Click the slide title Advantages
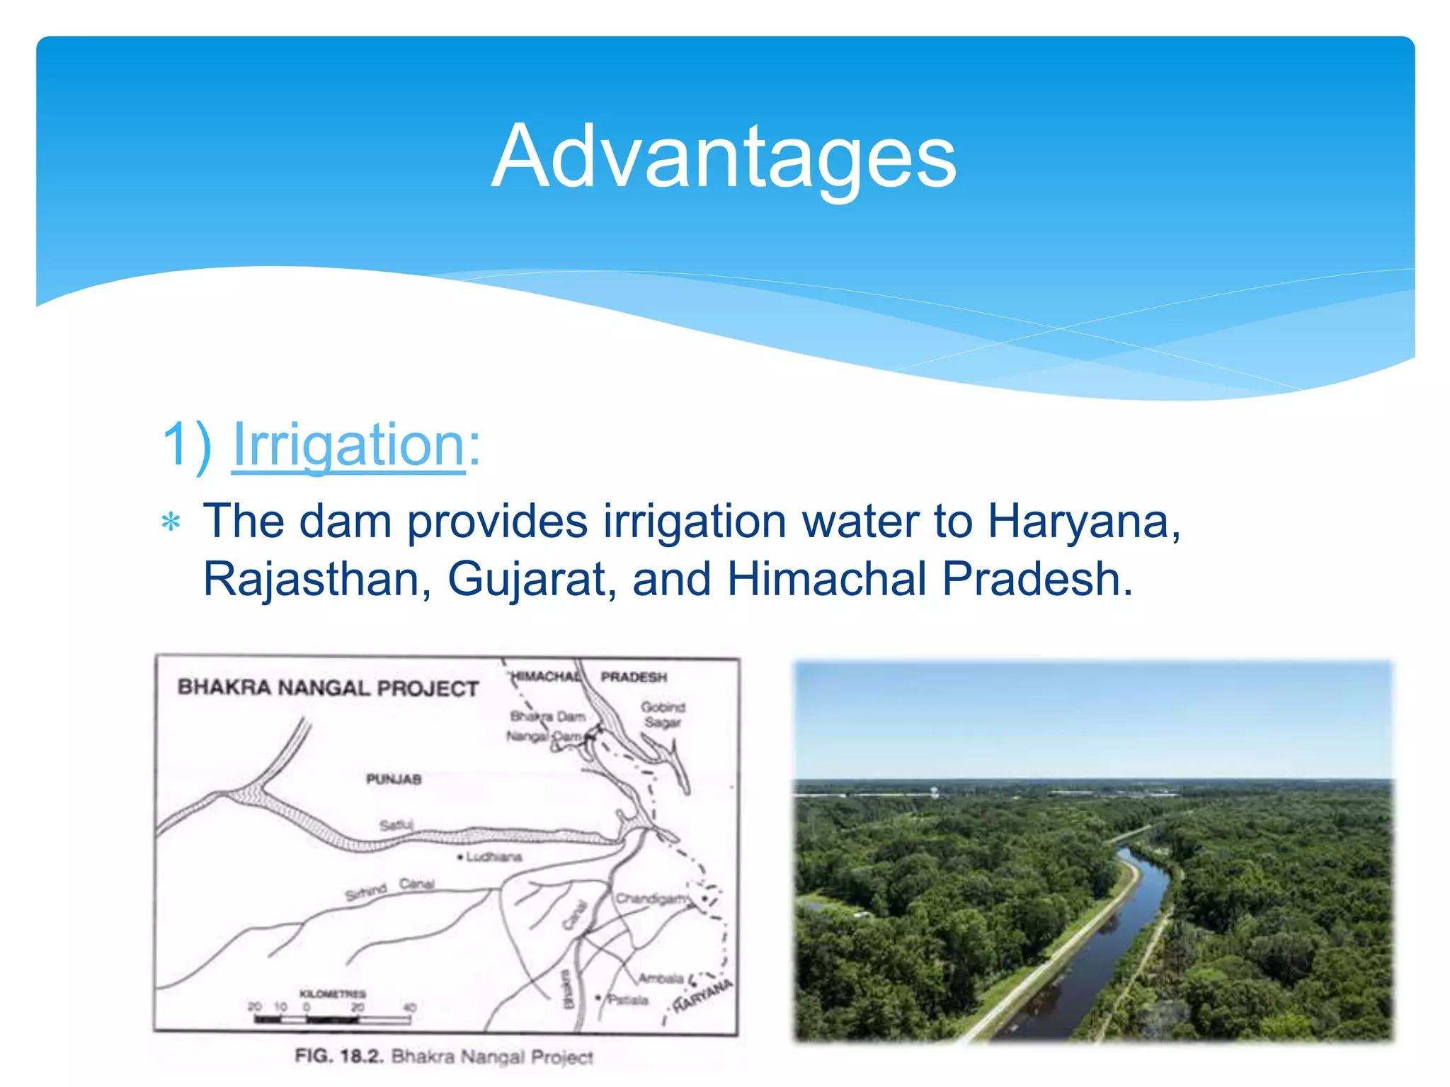pos(724,156)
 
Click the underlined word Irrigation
pos(348,444)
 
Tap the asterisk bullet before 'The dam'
pos(171,523)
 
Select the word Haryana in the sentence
pos(1083,522)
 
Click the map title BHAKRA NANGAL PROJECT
pos(328,688)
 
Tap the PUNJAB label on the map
pos(394,779)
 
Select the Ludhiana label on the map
pos(493,857)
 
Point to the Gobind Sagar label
pos(663,714)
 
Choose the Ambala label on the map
pos(660,979)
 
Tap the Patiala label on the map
pos(627,1000)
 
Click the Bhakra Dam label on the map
pos(548,716)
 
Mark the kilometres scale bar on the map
pos(333,1020)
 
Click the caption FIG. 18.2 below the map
pos(444,1057)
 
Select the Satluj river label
pos(396,825)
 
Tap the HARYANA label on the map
pos(702,996)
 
